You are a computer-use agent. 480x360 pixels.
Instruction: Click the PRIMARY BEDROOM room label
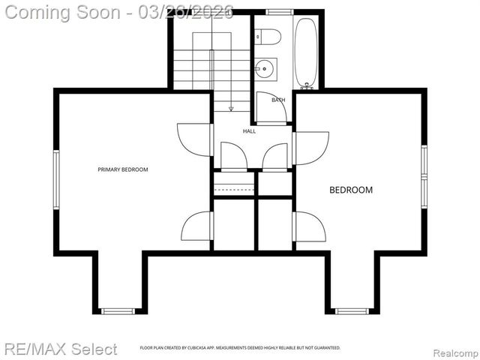(x=123, y=169)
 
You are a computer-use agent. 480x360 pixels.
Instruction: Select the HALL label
(x=250, y=131)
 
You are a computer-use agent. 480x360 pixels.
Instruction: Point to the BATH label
(x=278, y=100)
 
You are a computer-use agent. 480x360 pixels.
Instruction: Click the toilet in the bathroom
(x=268, y=36)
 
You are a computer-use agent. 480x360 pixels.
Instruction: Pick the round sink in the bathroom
(x=265, y=70)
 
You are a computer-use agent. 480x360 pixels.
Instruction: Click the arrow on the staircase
(x=231, y=107)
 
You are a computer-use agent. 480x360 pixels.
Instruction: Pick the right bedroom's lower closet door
(x=309, y=226)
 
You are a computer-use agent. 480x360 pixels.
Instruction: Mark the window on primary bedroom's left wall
(x=55, y=178)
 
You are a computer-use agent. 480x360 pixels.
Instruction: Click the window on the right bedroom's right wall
(x=424, y=176)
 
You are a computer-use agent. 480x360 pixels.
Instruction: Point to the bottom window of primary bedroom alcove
(x=118, y=310)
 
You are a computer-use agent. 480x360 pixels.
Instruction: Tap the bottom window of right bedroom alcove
(x=352, y=310)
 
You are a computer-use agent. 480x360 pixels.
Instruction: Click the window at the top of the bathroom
(x=280, y=12)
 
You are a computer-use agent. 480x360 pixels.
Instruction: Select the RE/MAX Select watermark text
(x=61, y=349)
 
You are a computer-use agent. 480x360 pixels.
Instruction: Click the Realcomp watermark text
(x=451, y=351)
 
